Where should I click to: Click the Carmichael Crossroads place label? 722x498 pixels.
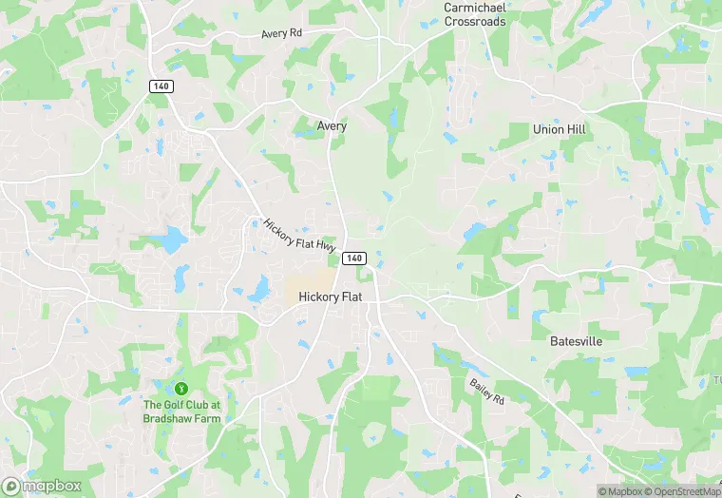pyautogui.click(x=474, y=14)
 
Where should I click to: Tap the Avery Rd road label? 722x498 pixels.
pyautogui.click(x=281, y=33)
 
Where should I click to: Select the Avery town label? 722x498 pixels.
pyautogui.click(x=332, y=125)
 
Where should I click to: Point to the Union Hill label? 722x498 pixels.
pyautogui.click(x=560, y=128)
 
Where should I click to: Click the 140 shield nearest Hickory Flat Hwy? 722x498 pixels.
pyautogui.click(x=353, y=259)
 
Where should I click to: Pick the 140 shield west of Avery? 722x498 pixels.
pyautogui.click(x=160, y=86)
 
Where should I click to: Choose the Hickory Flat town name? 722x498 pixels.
pyautogui.click(x=331, y=297)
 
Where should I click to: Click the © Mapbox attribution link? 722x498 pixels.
pyautogui.click(x=621, y=491)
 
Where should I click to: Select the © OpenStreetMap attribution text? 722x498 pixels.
pyautogui.click(x=683, y=491)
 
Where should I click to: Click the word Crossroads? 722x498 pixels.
pyautogui.click(x=474, y=21)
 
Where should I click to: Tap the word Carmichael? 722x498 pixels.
pyautogui.click(x=474, y=8)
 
